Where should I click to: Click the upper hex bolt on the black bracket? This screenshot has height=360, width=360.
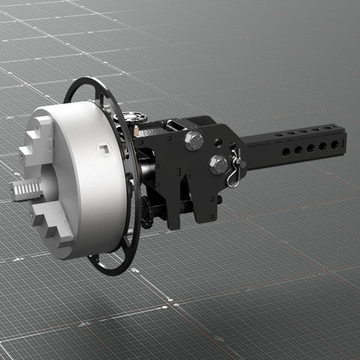click(194, 140)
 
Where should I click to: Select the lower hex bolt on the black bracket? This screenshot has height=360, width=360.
click(218, 163)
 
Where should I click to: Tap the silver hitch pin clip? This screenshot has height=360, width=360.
click(236, 171)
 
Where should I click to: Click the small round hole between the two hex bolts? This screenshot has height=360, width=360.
click(217, 142)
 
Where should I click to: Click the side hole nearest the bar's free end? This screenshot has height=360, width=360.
click(334, 145)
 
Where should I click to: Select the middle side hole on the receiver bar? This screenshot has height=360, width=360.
click(310, 148)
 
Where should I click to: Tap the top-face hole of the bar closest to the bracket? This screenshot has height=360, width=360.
click(278, 135)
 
